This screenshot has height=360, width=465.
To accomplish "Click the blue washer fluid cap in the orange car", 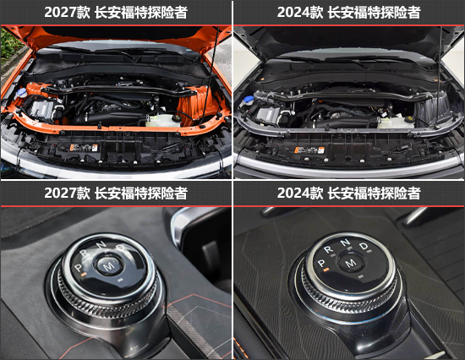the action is click(22, 92).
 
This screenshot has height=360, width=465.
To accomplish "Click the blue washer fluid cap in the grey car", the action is click(249, 99).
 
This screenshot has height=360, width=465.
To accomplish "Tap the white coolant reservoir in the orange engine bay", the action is click(163, 120).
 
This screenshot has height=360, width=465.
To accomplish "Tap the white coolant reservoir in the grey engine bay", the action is click(396, 122).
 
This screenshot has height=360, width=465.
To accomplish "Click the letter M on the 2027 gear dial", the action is click(108, 265).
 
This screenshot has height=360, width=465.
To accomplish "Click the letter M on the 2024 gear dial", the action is click(351, 263).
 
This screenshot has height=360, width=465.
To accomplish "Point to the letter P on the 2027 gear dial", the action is click(78, 268).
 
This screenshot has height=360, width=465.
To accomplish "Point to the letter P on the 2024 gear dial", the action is click(321, 263).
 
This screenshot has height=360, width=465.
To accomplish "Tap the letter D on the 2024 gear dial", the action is click(364, 246).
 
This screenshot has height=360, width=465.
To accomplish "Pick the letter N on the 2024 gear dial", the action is click(345, 243).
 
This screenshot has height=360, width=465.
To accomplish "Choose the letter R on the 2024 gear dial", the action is click(328, 249).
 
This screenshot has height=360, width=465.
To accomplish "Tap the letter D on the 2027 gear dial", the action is click(121, 248).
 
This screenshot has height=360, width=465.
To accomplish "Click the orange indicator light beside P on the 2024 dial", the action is click(326, 270).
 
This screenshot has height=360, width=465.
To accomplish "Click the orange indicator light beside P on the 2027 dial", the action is click(84, 275).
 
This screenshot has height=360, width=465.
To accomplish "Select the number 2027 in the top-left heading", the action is click(60, 13).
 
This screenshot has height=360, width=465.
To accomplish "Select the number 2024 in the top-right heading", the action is click(293, 13).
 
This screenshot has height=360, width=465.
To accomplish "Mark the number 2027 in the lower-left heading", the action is click(60, 193).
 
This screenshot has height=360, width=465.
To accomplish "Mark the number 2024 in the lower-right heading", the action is click(293, 193).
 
